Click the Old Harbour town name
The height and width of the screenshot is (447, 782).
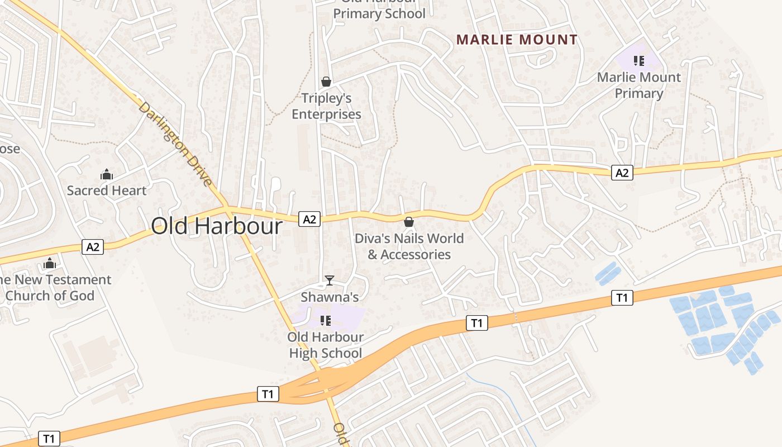click(x=217, y=226)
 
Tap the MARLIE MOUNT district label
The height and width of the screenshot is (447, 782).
click(x=517, y=40)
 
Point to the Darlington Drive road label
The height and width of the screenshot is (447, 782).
click(x=175, y=144)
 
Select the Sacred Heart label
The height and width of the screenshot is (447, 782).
click(x=107, y=191)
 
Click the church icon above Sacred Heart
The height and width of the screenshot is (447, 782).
click(x=107, y=175)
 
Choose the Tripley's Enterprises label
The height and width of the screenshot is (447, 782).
click(x=327, y=107)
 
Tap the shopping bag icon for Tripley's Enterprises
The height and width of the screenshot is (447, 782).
click(x=326, y=82)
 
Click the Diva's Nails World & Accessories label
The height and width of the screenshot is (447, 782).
click(x=409, y=246)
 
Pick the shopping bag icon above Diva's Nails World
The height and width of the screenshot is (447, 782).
click(x=409, y=222)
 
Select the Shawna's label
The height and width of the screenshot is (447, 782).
click(x=330, y=297)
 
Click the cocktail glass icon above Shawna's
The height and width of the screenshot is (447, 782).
click(x=330, y=280)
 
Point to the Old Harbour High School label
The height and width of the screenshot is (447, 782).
click(x=325, y=345)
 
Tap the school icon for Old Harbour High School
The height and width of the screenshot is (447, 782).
click(x=326, y=321)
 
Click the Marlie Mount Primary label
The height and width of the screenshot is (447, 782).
click(x=639, y=85)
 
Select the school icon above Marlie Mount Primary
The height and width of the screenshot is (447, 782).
click(x=639, y=60)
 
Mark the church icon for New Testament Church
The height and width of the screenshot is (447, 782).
click(x=50, y=263)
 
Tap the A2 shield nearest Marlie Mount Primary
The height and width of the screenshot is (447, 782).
click(x=622, y=173)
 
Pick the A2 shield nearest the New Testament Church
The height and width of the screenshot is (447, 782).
click(x=93, y=246)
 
